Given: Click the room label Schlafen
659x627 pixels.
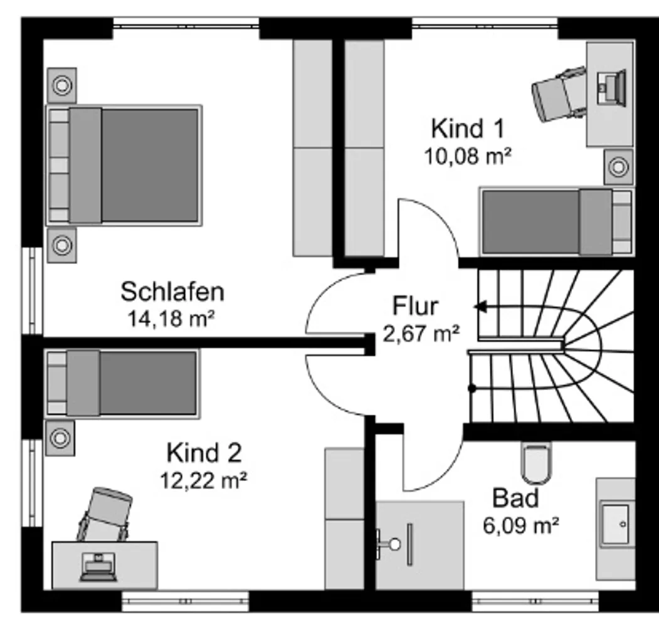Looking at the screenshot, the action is pos(172,292).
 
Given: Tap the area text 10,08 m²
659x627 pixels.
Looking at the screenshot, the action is pos(468,156).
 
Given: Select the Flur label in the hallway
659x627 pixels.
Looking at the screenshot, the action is pos(415,306).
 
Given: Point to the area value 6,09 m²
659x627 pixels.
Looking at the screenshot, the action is pos(520,525).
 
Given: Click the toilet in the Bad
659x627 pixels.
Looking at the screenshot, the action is pos(536,463).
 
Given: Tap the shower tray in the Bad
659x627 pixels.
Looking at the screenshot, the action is pos(420,545).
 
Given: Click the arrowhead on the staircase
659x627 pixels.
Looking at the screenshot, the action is pos(480,307).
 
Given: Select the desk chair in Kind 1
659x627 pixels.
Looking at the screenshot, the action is pos(559,94).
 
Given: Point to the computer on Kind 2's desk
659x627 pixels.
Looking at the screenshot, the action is pos(98,567).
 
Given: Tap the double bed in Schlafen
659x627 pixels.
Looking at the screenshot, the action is pos(124,166).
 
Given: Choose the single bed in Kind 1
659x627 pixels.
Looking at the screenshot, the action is pos(557,221).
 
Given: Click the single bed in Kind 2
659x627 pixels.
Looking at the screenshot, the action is pos(122,384).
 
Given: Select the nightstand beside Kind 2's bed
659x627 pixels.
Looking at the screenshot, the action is pos(60,438).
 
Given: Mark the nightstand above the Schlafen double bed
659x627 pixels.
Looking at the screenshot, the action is pos(62,85).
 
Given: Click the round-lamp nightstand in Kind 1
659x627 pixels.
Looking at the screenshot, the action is pos(619,167).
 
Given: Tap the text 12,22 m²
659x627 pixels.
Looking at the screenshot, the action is pos(204,480).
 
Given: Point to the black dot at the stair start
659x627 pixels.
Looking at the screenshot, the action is pos(472,388).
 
